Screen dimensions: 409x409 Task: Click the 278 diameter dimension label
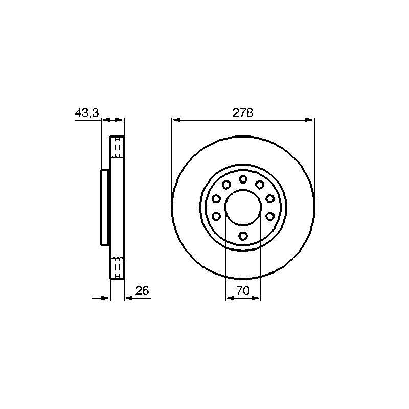tap(242, 113)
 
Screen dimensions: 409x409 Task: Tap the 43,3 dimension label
tap(87, 113)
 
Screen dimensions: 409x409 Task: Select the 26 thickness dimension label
tap(142, 290)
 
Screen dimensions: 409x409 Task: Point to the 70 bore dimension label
tap(243, 290)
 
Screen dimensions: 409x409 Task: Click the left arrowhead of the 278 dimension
tap(176, 120)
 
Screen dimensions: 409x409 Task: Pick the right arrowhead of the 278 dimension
tap(310, 120)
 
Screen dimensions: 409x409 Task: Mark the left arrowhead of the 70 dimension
tap(230, 298)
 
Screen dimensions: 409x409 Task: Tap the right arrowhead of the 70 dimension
tap(256, 298)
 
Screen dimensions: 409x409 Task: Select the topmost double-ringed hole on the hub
tap(243, 179)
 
